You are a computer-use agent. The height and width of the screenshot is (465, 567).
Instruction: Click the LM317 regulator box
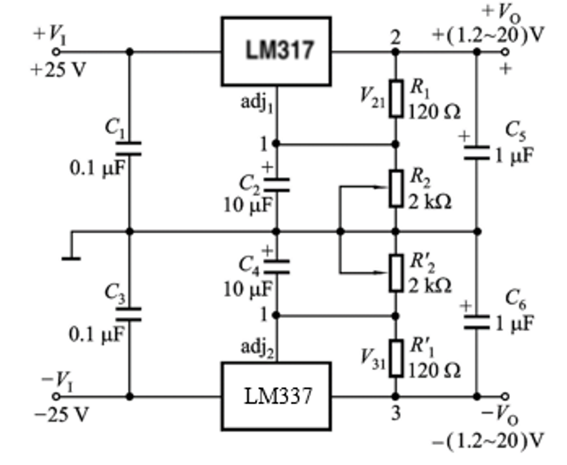pos(276,51)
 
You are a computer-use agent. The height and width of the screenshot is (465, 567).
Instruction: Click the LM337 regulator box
pos(276,396)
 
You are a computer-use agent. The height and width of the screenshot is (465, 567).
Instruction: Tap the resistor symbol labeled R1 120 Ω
pos(396,98)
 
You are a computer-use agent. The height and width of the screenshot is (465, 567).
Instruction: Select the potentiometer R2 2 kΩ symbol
pos(396,188)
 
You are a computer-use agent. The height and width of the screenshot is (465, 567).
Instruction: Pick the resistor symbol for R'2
pos(396,272)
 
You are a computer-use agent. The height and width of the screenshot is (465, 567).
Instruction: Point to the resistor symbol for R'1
pos(396,358)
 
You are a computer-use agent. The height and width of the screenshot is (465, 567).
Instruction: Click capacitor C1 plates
pos(129,149)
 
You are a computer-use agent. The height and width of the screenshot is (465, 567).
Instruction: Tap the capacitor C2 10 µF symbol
pos(276,185)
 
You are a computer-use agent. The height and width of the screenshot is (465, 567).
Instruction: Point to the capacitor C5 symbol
pos(476,152)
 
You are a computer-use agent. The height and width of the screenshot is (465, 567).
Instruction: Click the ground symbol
pos(71,257)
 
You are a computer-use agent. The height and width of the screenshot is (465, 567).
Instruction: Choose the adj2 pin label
pos(257,347)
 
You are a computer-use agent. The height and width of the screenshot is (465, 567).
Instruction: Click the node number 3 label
pos(396,414)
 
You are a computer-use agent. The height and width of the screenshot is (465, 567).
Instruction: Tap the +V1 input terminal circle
pos(56,51)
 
